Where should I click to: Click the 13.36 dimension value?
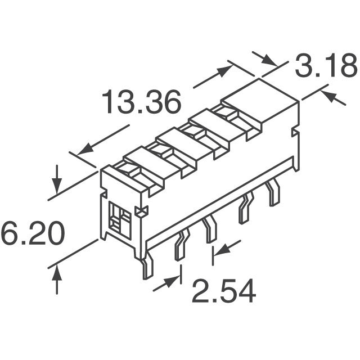tap(141, 102)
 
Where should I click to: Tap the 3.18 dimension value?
tap(326, 65)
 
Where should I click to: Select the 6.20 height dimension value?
tap(32, 233)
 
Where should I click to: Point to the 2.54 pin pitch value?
tap(223, 291)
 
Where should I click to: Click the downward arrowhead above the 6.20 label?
tap(57, 186)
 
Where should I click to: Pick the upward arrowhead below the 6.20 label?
tap(57, 273)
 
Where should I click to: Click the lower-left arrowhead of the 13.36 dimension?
tap(85, 149)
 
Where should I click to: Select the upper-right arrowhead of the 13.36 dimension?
tap(225, 71)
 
